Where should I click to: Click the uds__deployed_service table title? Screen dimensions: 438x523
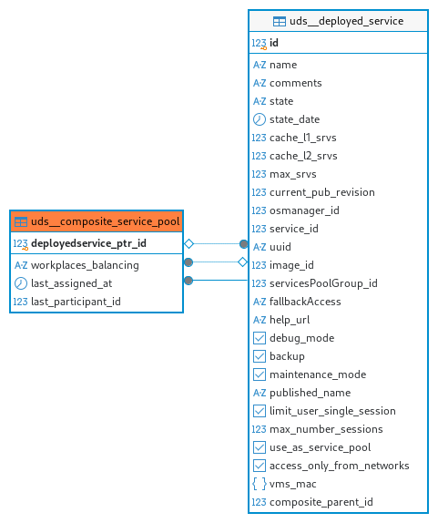[346, 21]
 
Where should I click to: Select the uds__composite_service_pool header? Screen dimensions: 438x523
[97, 221]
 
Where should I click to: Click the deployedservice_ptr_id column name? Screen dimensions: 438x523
[88, 243]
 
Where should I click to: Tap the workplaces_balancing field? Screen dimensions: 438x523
[85, 265]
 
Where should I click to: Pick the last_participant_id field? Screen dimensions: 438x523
[76, 302]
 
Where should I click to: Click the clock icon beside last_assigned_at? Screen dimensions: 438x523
[21, 283]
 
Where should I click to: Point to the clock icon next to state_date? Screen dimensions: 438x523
[260, 119]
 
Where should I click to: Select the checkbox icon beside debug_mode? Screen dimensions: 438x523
[260, 338]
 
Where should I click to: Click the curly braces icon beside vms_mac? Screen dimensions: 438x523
[260, 484]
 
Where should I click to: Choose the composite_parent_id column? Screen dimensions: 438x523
[321, 502]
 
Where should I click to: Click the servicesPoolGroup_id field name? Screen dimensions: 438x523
[323, 283]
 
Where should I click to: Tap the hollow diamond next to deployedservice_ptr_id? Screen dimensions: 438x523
[189, 244]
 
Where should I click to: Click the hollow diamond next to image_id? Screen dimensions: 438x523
[242, 262]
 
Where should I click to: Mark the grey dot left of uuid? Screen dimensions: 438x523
[244, 244]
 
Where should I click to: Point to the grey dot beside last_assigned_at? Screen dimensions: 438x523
[188, 281]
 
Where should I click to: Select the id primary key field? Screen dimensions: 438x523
[274, 43]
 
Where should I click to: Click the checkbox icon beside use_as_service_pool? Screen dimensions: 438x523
[260, 447]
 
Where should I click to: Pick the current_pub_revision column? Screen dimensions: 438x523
[322, 192]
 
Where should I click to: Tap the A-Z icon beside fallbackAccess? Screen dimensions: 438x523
[260, 302]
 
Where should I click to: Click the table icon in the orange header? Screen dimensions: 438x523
[21, 221]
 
